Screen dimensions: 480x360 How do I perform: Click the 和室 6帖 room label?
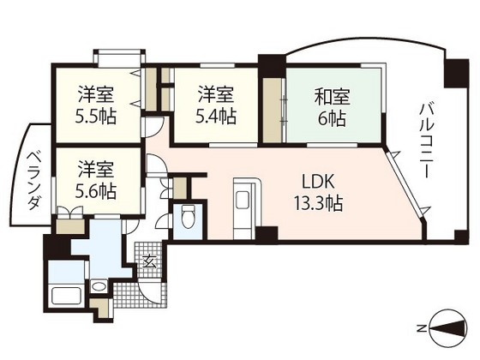pos(333,107)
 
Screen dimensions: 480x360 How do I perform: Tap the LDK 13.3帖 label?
pos(318,193)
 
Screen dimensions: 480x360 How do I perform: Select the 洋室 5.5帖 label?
pos(96,105)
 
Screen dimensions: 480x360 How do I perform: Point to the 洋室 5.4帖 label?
pos(216,105)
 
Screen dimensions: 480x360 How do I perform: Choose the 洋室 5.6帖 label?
pos(96,180)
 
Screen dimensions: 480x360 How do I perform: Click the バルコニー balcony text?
pos(426,141)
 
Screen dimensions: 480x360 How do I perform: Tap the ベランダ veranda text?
pos(34,181)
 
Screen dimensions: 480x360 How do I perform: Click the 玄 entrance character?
pos(149,261)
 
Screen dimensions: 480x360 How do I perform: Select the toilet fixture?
pos(187,216)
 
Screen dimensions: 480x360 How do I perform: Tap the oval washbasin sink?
pos(99,287)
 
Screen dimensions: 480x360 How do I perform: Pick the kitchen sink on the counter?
pos(243,200)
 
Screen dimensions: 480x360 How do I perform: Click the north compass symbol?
pos(449,328)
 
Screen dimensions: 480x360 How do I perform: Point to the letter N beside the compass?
pos(423,328)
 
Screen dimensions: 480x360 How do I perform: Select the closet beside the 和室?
pos(273,111)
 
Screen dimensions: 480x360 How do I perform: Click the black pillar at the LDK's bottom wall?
pos(267,235)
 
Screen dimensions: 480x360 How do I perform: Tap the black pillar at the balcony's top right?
pos(456,74)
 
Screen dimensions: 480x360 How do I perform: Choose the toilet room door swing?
pos(162,221)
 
